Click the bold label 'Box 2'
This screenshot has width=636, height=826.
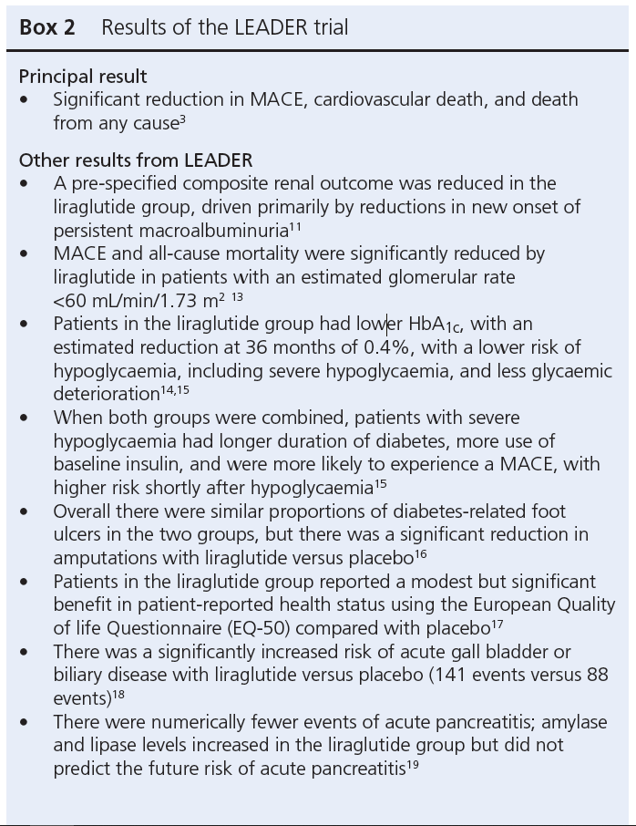pos(47,27)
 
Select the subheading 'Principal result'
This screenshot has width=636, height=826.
pos(83,77)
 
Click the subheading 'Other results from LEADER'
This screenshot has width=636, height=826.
pos(135,160)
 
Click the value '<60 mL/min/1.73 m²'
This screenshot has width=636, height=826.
pos(139,300)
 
